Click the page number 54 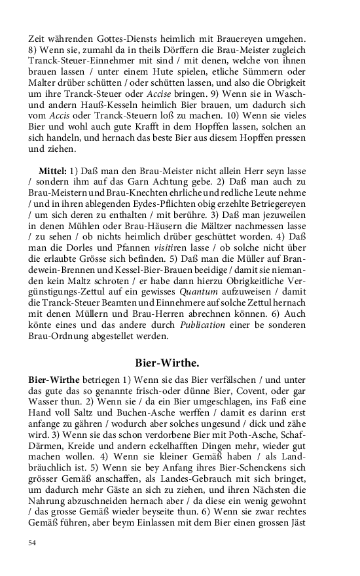pyautogui.click(x=33, y=543)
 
